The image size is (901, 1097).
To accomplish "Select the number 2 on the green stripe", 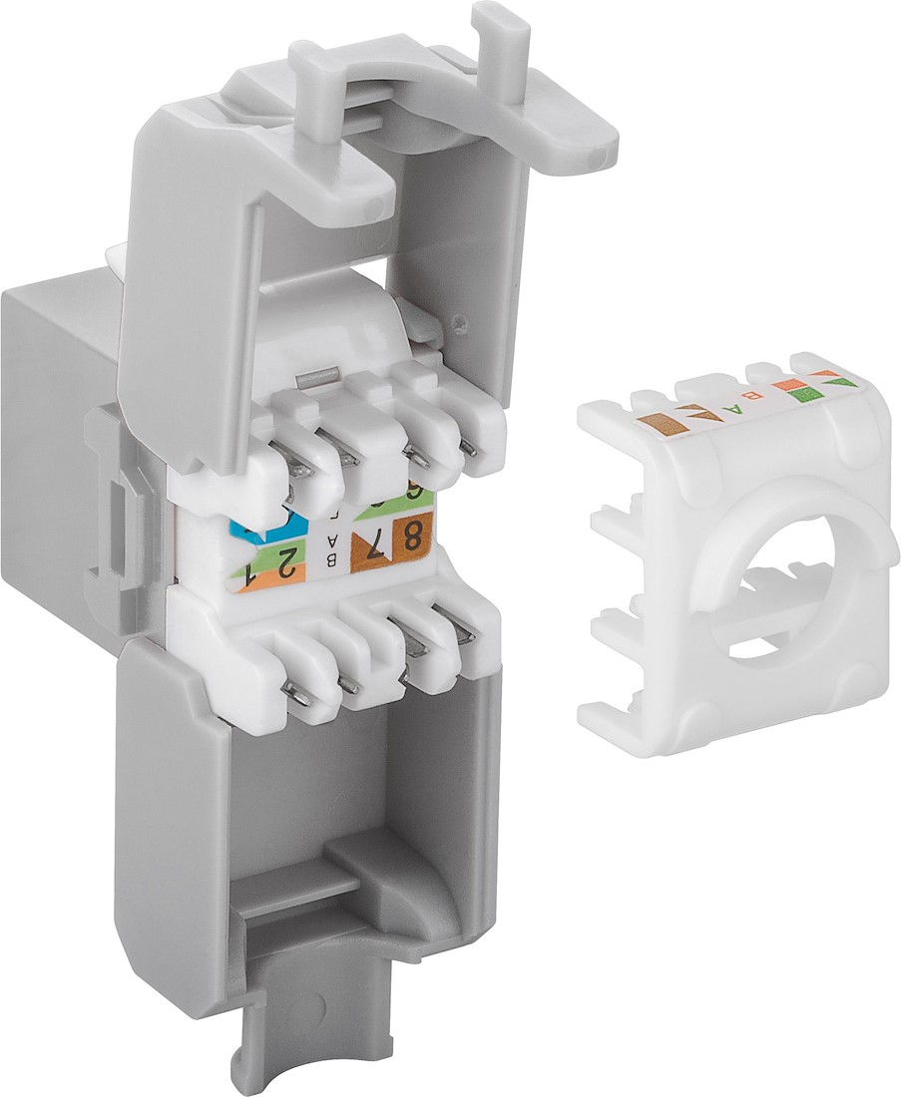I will point(286,564).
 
